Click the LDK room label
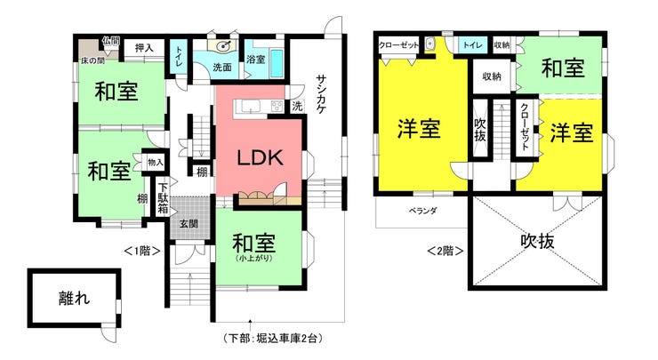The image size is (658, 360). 261,157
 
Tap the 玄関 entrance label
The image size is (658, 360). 189,224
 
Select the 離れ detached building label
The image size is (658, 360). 75,299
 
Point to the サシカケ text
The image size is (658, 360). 322,94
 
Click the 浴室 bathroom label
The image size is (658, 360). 255,60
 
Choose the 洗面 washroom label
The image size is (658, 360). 222,68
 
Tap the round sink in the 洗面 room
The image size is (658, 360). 223,45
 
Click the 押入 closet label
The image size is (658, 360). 144,48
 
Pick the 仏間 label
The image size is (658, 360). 111,41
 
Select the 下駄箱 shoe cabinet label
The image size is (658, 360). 163,197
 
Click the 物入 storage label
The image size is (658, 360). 156,162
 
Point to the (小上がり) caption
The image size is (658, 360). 254,258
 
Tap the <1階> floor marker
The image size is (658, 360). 142,251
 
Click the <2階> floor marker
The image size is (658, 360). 445,251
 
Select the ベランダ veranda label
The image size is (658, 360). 422,211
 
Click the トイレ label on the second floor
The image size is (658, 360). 472,45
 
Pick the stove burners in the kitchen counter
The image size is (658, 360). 277,106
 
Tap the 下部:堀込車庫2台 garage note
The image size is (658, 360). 274,338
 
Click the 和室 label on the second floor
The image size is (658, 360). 563,68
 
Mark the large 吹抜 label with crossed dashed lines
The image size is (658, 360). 538,241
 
